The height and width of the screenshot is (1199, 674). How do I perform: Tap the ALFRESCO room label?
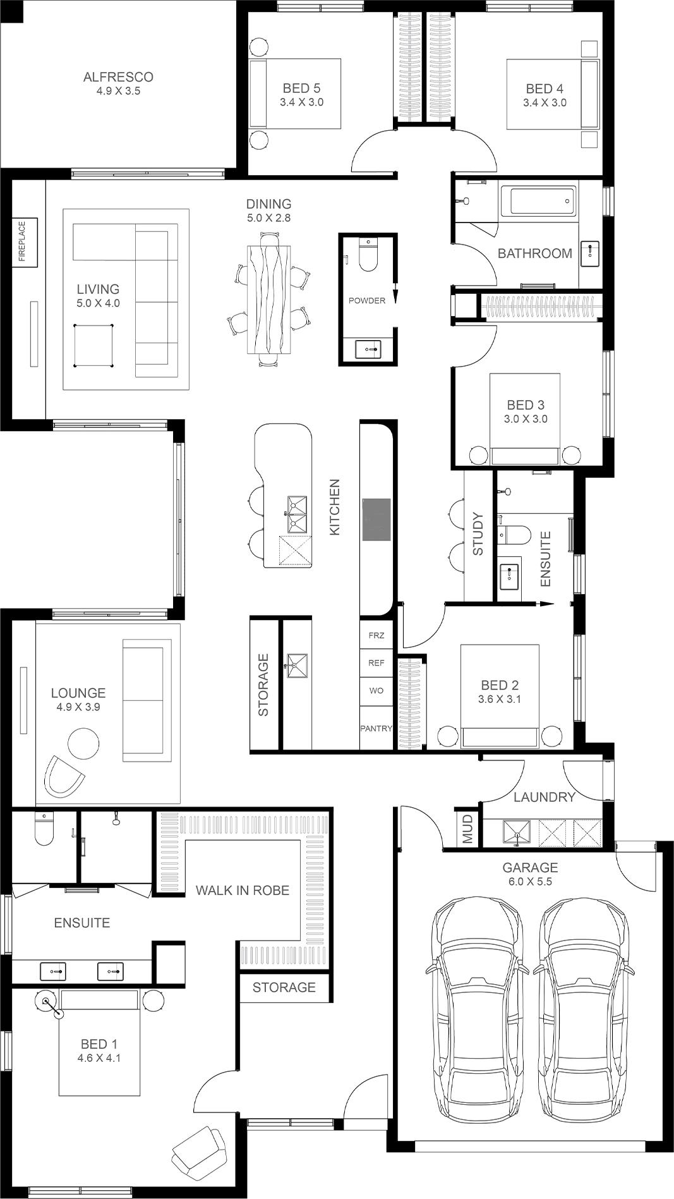[118, 77]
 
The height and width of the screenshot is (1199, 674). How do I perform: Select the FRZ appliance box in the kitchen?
[376, 635]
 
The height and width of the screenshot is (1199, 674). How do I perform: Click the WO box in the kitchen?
[376, 691]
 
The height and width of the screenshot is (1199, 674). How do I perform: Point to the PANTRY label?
[376, 728]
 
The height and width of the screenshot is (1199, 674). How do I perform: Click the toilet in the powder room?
[367, 255]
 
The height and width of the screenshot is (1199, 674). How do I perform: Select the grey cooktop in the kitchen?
[376, 520]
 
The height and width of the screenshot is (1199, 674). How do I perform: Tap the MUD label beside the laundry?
[467, 829]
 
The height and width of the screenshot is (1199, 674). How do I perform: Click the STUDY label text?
[478, 534]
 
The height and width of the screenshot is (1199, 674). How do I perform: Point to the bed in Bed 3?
[525, 420]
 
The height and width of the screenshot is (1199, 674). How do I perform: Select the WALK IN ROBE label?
[243, 891]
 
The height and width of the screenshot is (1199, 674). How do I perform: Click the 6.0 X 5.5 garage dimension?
[530, 882]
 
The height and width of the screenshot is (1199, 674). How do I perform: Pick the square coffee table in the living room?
[93, 345]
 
